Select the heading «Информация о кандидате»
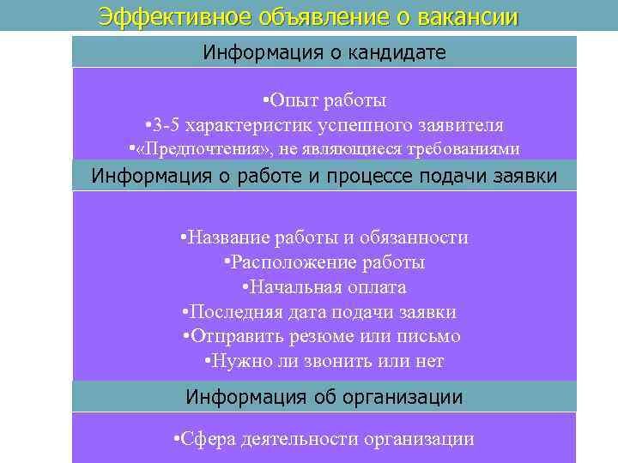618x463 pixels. coord(324,52)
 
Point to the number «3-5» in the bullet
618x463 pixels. coord(169,124)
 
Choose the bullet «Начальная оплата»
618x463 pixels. coord(324,287)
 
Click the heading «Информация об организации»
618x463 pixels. coord(324,397)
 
